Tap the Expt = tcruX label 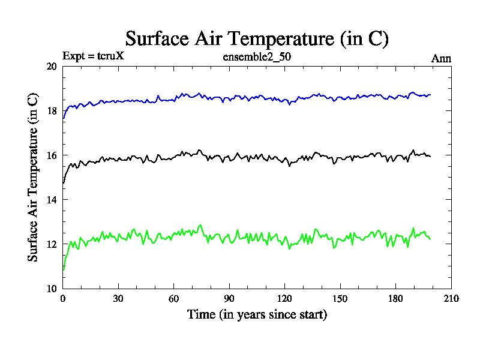click(x=93, y=57)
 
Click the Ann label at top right click(x=441, y=58)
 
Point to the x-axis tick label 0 click(x=62, y=299)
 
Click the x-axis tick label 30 click(x=118, y=299)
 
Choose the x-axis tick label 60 click(x=173, y=299)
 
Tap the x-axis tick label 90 click(x=229, y=299)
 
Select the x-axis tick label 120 click(x=284, y=299)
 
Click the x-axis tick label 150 click(x=340, y=299)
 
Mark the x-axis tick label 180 click(x=395, y=299)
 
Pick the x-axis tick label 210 click(x=451, y=299)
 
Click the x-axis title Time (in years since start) click(x=257, y=314)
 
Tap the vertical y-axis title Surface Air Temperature click(x=34, y=177)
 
